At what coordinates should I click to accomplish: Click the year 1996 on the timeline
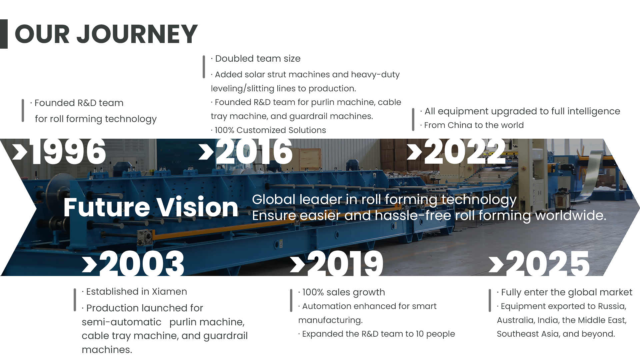coord(68,152)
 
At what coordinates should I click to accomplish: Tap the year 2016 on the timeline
coord(254,152)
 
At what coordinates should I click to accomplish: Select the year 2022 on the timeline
coord(465,152)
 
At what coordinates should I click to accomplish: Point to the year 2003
coord(142,263)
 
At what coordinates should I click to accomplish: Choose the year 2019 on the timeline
coord(345,263)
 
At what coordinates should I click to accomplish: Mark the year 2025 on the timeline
coord(548,263)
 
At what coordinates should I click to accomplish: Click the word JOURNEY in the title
coord(137,34)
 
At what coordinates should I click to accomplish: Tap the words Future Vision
coord(151,207)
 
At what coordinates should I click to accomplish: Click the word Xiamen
coord(169,292)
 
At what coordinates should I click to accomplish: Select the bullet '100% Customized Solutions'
coord(268,130)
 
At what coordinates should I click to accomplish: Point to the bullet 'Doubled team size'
coord(256,59)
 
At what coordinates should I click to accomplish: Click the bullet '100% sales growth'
coord(342,292)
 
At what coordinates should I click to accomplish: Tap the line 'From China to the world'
coord(472,125)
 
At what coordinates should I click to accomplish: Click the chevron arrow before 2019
coord(297,265)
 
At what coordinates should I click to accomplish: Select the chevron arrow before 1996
coord(20,152)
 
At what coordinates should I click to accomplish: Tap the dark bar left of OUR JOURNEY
coord(4,34)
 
